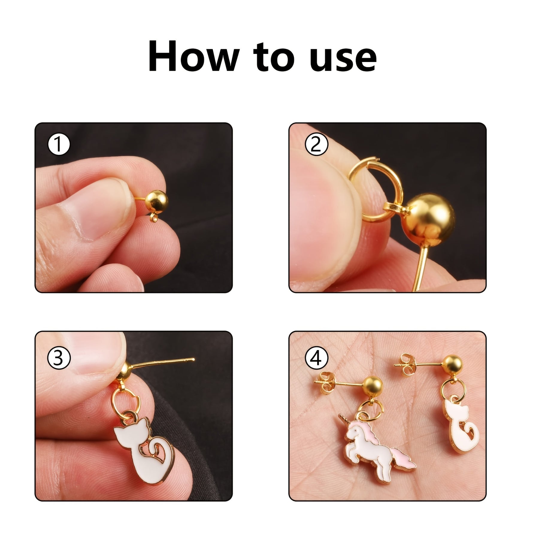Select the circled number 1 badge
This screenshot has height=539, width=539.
click(59, 144)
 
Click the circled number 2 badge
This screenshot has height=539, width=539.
click(316, 144)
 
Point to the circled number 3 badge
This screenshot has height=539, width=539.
click(59, 358)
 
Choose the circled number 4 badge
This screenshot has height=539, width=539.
click(316, 358)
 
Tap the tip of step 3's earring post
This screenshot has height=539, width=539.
click(193, 359)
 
